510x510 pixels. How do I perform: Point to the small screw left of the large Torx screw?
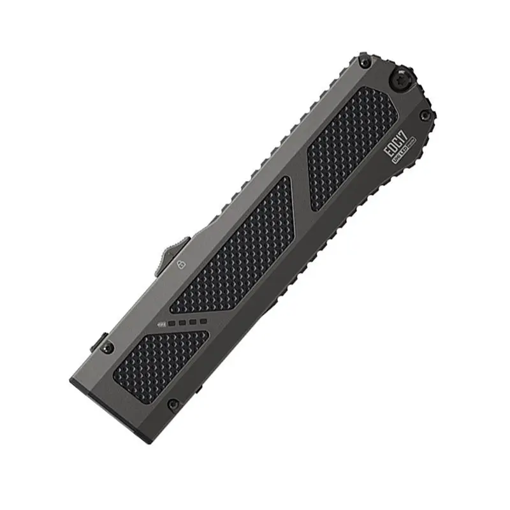(x=365, y=62)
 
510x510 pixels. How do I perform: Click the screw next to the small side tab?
(x=108, y=348)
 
